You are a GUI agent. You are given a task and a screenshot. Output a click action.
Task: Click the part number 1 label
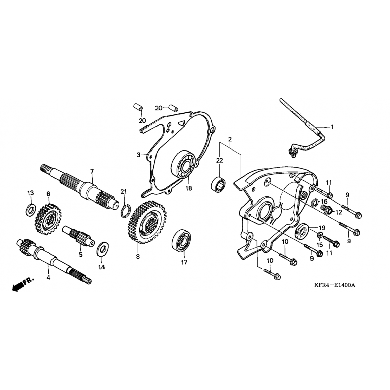(x=332, y=127)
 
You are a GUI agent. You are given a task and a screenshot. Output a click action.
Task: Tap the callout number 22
(x=219, y=161)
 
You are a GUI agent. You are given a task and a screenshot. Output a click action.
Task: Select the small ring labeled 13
(x=31, y=210)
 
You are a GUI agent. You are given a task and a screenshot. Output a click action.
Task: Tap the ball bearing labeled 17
(x=181, y=239)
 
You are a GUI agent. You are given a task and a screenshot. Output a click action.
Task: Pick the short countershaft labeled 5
(x=78, y=236)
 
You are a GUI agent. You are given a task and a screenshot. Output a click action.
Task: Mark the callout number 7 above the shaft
(x=92, y=171)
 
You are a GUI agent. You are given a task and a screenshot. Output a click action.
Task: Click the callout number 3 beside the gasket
(x=139, y=155)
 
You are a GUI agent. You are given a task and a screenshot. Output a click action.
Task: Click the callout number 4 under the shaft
(x=48, y=277)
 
